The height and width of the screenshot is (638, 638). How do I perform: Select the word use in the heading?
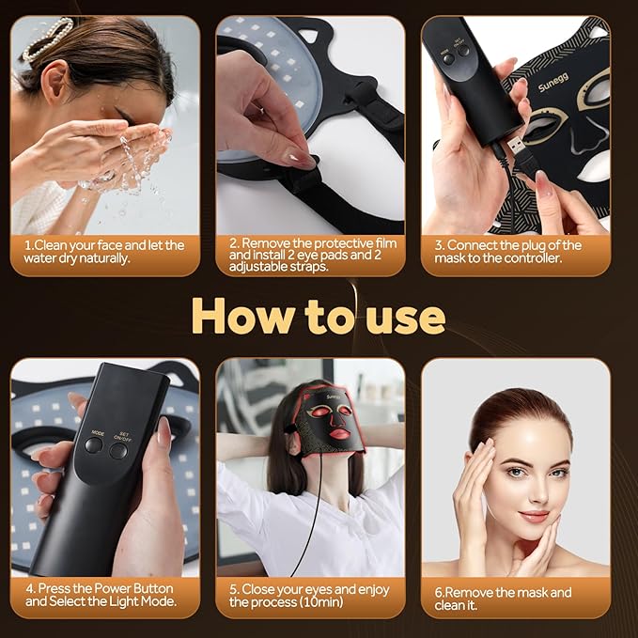pos(405,319)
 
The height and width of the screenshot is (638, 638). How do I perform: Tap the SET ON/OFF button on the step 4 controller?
pos(118,449)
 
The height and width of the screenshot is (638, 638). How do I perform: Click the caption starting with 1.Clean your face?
pos(104,251)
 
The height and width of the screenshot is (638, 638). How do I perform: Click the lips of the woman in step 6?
pos(534,516)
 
